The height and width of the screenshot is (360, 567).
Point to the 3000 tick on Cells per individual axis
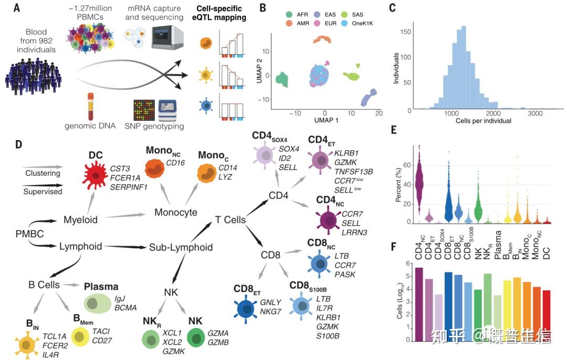coord(535,113)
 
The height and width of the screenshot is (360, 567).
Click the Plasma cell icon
coord(97,303)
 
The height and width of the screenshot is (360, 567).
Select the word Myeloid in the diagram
coord(80,220)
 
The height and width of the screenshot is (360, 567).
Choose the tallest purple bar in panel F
coord(419,304)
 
